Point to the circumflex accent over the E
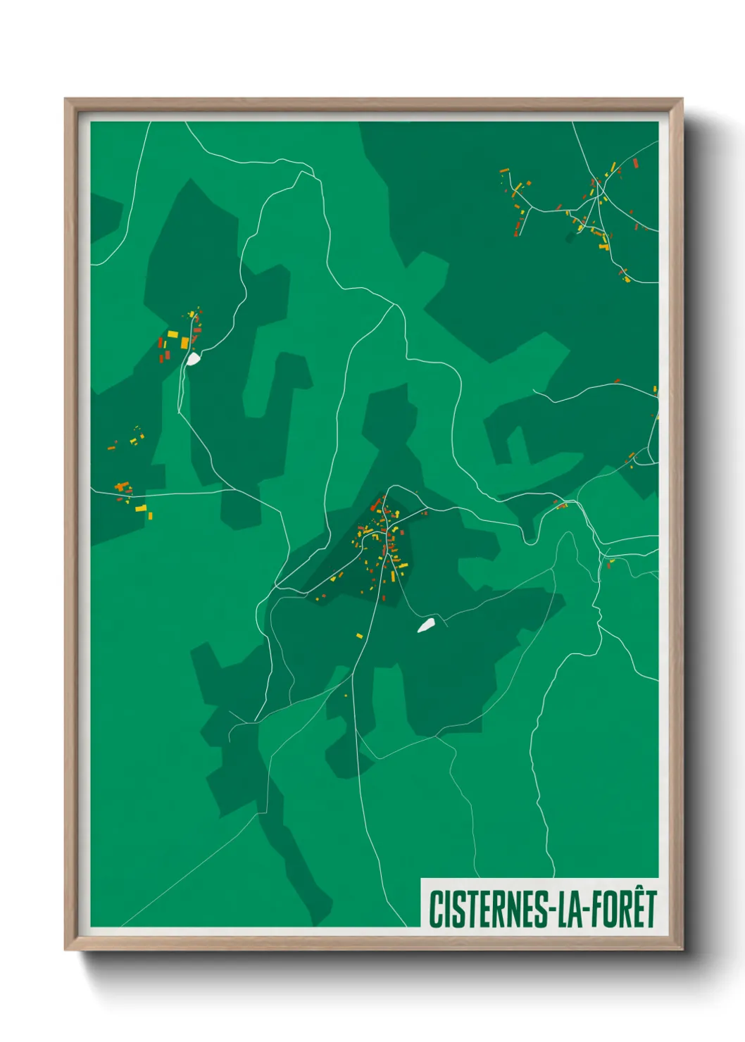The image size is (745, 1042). click(630, 892)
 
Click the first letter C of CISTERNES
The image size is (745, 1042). click(434, 909)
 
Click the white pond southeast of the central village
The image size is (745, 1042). click(426, 624)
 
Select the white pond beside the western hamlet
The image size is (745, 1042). click(192, 359)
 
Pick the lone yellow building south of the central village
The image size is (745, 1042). click(359, 636)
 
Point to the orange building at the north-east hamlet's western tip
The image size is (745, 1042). click(504, 170)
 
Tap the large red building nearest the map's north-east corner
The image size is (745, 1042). click(635, 163)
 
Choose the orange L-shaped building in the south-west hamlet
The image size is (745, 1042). click(122, 486)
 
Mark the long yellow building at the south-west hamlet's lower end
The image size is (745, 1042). click(142, 508)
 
